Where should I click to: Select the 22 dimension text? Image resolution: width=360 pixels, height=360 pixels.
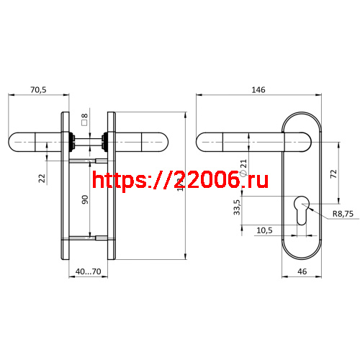click(x=42, y=177)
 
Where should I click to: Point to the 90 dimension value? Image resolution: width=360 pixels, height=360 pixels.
click(x=84, y=200)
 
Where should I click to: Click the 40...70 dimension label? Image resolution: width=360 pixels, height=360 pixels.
click(x=89, y=272)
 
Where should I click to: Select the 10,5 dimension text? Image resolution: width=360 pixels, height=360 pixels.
click(x=264, y=230)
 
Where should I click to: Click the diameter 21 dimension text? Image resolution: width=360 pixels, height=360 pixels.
click(x=243, y=168)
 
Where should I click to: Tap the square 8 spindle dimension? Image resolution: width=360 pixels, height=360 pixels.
click(x=84, y=120)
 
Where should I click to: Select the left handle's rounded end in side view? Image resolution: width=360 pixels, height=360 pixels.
click(x=19, y=140)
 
